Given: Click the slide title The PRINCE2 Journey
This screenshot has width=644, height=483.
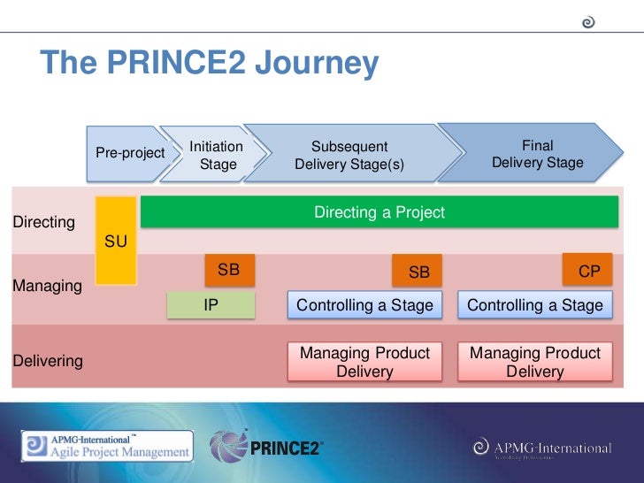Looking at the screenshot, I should (x=210, y=64).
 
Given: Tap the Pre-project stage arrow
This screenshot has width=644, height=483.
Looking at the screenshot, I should (x=129, y=153).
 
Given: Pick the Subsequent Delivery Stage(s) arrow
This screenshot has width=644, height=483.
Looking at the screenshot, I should (x=349, y=155).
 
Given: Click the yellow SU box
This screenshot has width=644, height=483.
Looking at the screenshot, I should (x=116, y=241).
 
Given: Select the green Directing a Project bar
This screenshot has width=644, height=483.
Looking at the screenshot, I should (x=379, y=212).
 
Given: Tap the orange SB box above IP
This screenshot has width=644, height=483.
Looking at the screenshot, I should (x=229, y=270).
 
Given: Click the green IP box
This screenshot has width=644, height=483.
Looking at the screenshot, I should (x=211, y=305).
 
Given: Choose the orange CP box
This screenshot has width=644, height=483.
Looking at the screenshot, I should (x=588, y=271).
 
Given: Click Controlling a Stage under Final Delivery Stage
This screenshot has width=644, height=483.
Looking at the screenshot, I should (x=534, y=305).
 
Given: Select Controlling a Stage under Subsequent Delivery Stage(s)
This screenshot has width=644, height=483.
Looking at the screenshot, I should (x=364, y=305).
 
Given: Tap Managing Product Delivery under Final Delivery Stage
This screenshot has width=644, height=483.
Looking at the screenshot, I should (x=534, y=362).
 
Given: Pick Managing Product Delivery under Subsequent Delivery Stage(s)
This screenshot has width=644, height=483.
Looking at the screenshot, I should (x=364, y=362).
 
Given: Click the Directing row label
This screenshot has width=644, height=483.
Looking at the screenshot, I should (x=43, y=222).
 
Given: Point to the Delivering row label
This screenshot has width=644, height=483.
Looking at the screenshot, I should (x=48, y=361).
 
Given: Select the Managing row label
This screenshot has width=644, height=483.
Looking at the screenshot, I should (x=47, y=287).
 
